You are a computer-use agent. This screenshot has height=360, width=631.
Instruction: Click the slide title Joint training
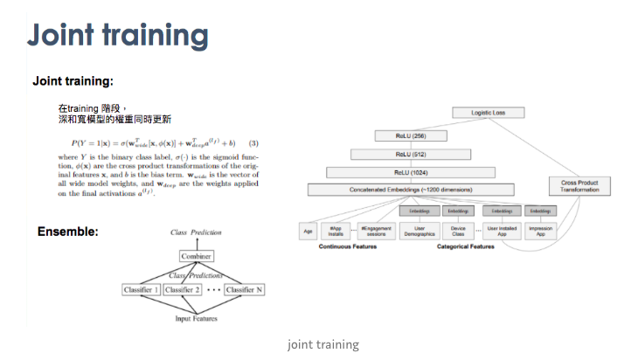coord(118,36)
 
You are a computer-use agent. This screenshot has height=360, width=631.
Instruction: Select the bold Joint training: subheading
coord(73,81)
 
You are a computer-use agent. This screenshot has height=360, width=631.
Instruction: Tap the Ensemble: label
coord(67,232)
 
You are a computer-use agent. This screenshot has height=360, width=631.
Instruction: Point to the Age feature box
coord(308,231)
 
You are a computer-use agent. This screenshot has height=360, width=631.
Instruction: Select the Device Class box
coord(458,231)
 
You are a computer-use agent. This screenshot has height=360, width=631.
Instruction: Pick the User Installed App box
coord(502,231)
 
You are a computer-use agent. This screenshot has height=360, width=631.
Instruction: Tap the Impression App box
coord(541,231)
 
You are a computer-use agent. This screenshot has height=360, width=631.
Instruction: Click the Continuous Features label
coord(349,247)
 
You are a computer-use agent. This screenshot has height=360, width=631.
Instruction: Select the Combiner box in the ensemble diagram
coord(197,256)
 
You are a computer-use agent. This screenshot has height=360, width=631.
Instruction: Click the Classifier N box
coord(244,289)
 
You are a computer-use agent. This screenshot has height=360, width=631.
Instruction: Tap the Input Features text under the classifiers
coord(198,318)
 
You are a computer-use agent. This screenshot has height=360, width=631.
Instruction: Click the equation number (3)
coord(253,142)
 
